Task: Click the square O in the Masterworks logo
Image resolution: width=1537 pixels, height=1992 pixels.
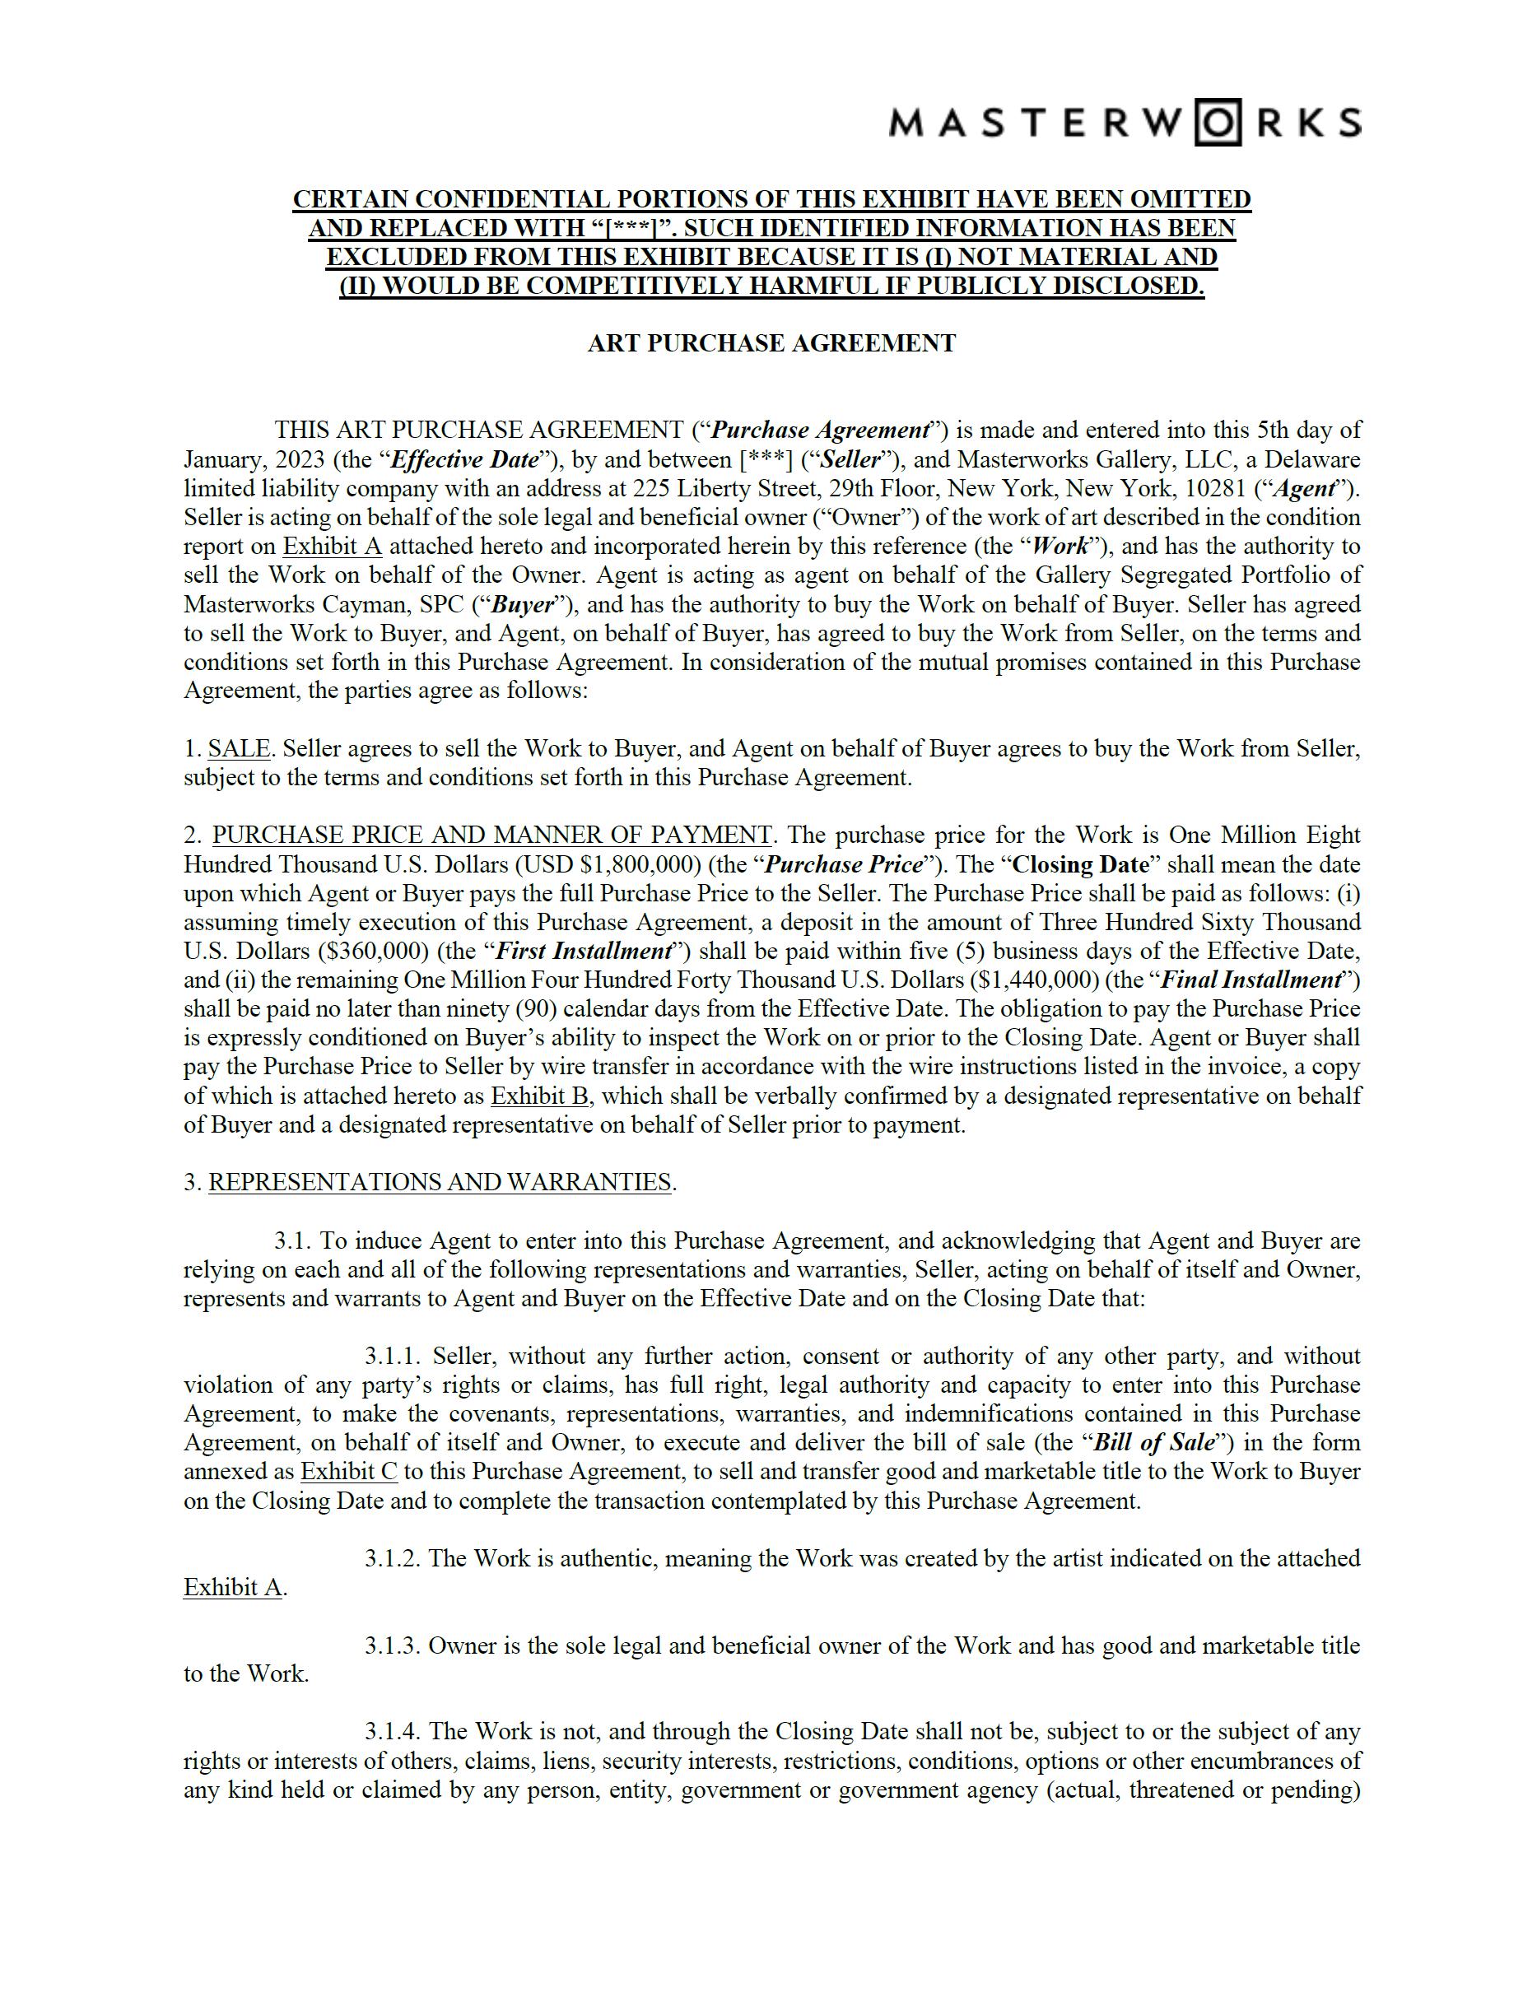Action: coord(1218,122)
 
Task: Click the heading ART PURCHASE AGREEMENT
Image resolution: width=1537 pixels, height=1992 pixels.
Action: coord(771,343)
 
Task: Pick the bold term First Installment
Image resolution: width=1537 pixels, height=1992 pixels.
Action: coord(585,952)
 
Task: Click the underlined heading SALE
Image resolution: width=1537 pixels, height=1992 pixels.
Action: coord(239,749)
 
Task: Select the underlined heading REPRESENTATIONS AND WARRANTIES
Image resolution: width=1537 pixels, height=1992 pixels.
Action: coord(440,1182)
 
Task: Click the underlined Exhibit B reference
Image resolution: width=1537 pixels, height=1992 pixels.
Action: coord(539,1096)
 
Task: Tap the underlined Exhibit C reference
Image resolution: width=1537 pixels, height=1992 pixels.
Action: coord(348,1471)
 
